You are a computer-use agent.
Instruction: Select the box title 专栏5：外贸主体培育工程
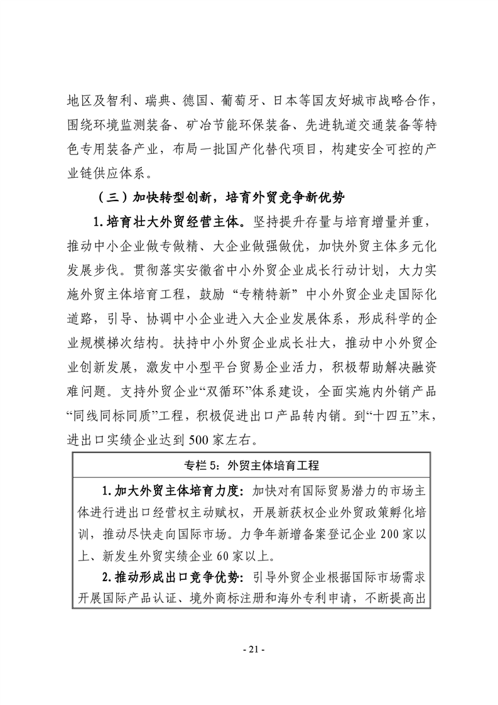coord(251,466)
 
